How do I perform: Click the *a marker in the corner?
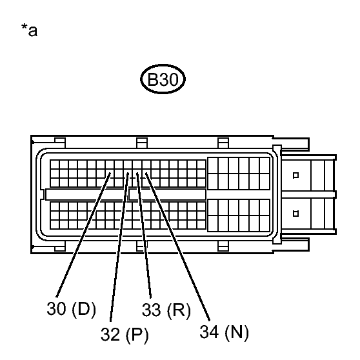[x=29, y=30]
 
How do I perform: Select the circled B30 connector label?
[x=163, y=79]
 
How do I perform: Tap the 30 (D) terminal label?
[x=71, y=309]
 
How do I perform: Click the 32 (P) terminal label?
[x=125, y=334]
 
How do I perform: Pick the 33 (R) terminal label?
[x=166, y=310]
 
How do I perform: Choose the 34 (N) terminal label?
[x=224, y=332]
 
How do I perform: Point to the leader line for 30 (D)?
[x=83, y=235]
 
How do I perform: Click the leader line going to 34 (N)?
[x=177, y=246]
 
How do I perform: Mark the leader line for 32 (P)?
[x=119, y=247]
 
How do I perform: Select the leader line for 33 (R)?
[x=144, y=235]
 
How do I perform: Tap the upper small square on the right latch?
[x=295, y=175]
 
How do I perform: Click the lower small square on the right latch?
[x=295, y=214]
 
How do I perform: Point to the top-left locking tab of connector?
[x=60, y=143]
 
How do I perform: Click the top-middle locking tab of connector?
[x=142, y=143]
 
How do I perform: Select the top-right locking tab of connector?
[x=223, y=143]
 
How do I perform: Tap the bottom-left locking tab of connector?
[x=60, y=246]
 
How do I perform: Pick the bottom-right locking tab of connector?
[x=223, y=246]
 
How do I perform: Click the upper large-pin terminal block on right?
[x=239, y=174]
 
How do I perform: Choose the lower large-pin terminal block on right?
[x=239, y=215]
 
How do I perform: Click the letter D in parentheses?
[x=84, y=308]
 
